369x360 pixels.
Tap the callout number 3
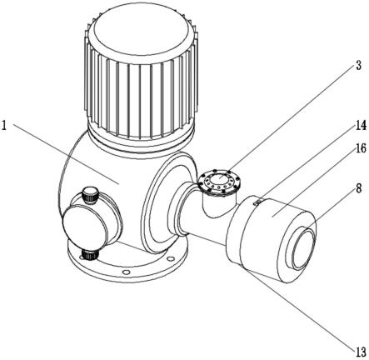[358, 65]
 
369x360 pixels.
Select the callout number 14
[361, 126]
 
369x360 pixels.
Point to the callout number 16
[361, 148]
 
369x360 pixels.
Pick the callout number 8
[358, 189]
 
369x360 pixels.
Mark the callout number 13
[361, 352]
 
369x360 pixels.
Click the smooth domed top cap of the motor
[142, 33]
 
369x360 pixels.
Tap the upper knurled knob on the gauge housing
[90, 195]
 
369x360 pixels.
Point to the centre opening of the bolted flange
[219, 181]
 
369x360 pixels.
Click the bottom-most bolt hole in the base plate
[126, 272]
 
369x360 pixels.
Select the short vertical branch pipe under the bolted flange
[218, 204]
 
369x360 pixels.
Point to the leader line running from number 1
[66, 154]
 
